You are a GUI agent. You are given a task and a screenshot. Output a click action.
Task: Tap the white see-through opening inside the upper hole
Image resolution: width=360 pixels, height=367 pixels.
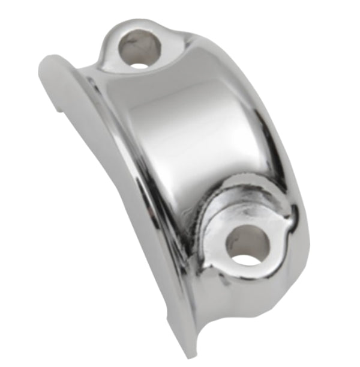pos(139,62)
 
